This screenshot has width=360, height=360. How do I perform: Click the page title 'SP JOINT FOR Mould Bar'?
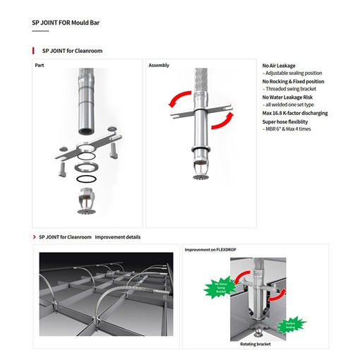(x=66, y=22)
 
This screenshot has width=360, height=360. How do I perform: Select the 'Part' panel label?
(x=40, y=65)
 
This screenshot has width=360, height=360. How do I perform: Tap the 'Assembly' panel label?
(x=159, y=65)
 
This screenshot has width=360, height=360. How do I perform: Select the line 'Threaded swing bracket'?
(x=289, y=89)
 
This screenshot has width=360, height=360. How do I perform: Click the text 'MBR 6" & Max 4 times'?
(x=287, y=129)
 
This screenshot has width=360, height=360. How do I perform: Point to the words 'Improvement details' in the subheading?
(x=118, y=237)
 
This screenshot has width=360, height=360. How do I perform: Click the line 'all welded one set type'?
(x=290, y=104)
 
